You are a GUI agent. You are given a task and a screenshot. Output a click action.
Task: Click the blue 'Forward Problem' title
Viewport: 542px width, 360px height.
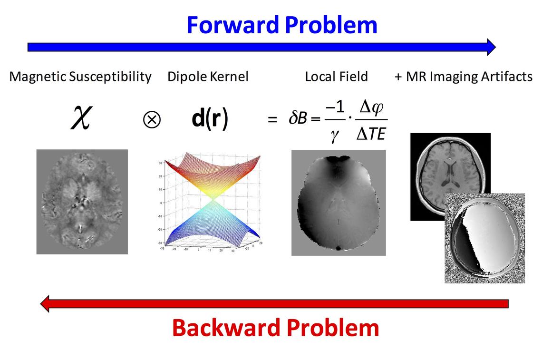point(281,25)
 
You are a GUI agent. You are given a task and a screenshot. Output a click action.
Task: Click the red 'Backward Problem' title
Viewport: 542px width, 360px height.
point(275,328)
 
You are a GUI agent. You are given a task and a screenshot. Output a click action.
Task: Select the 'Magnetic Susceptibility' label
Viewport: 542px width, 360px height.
point(80,77)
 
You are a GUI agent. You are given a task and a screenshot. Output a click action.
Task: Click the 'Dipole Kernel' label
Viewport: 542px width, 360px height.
point(208,77)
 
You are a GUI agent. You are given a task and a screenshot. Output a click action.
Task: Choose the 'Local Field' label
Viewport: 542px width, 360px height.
point(336,77)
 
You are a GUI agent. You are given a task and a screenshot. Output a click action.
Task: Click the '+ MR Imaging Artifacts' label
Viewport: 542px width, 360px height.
point(463,77)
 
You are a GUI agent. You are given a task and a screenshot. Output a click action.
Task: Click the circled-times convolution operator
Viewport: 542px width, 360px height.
point(152,120)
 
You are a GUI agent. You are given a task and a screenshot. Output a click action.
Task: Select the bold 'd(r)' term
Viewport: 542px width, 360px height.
point(210,119)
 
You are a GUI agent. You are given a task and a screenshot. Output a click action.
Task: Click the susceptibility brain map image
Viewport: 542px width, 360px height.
point(82,202)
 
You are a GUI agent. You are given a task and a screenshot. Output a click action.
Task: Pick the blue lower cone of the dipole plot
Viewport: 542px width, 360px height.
point(210,224)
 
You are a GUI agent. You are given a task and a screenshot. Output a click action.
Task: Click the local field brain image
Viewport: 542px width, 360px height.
point(338,203)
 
